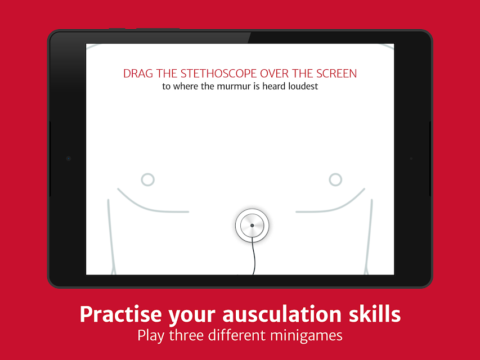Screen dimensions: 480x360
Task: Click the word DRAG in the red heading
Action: (x=138, y=74)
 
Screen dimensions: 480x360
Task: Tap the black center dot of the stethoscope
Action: (x=252, y=226)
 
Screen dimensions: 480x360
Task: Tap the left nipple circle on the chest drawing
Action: (x=148, y=179)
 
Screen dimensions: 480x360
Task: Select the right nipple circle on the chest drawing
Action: (x=335, y=179)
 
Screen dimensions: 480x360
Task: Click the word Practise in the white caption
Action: (x=120, y=314)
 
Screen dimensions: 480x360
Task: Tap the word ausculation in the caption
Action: (x=282, y=314)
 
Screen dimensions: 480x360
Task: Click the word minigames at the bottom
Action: (x=306, y=336)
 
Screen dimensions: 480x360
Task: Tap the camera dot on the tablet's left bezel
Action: (x=69, y=159)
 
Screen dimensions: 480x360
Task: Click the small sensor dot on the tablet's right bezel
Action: (x=411, y=159)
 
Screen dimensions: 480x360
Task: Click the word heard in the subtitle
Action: (x=273, y=86)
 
